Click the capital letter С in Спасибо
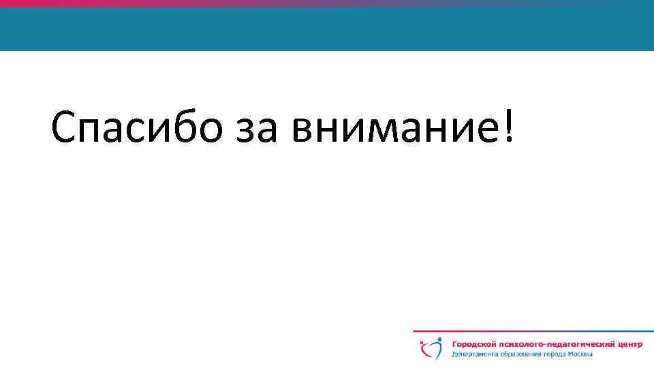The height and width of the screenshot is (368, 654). [x=65, y=126]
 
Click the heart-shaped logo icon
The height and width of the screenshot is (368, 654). [x=431, y=349]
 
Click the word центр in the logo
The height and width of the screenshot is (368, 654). [x=627, y=345]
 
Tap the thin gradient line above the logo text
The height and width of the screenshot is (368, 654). [x=531, y=331]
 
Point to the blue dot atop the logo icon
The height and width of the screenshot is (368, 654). [x=439, y=339]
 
